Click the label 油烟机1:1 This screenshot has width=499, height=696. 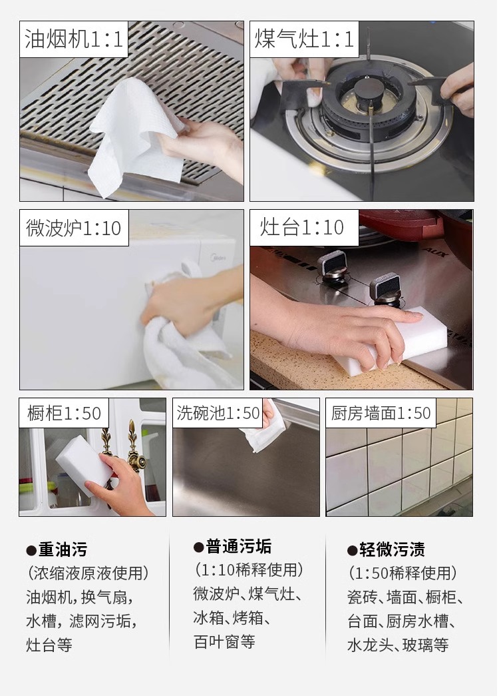[x=74, y=39]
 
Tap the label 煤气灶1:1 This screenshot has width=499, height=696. [x=304, y=39]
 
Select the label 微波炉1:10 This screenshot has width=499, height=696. [x=74, y=228]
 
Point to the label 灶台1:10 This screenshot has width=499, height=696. [x=302, y=227]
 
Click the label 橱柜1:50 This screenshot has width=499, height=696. [x=65, y=413]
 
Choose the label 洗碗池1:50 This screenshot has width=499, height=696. [x=218, y=413]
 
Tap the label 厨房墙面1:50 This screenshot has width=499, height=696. [x=381, y=413]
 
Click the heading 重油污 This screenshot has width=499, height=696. [x=57, y=549]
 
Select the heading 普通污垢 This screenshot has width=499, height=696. [x=232, y=546]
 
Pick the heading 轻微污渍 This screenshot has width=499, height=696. [x=386, y=549]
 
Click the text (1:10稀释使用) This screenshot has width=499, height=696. [x=249, y=570]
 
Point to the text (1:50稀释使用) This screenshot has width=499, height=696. [x=403, y=573]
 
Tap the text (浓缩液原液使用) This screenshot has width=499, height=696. [x=88, y=573]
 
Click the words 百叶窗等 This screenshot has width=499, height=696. [x=224, y=642]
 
